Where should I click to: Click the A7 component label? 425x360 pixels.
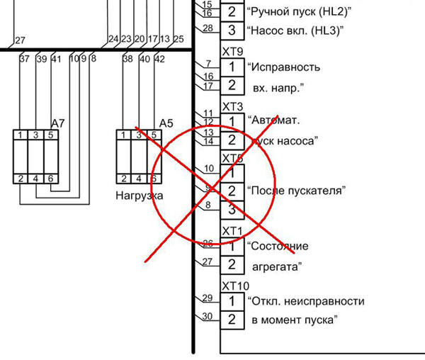(x=58, y=123)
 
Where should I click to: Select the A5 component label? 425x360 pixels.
(x=166, y=123)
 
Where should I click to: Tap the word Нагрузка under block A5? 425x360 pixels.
(x=140, y=195)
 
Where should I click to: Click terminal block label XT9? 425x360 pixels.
(x=233, y=52)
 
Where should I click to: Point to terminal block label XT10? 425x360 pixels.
(x=236, y=286)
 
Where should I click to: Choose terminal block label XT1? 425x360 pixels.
(x=233, y=232)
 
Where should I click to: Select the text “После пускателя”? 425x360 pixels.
(x=295, y=191)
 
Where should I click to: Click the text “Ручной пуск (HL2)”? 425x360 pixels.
(x=299, y=11)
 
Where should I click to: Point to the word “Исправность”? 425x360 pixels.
(x=283, y=67)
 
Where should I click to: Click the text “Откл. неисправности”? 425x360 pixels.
(x=306, y=300)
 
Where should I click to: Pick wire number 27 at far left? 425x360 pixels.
(x=20, y=40)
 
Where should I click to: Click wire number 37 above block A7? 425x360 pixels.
(x=25, y=59)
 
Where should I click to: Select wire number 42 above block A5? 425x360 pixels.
(x=159, y=59)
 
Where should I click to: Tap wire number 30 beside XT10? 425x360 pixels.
(x=208, y=316)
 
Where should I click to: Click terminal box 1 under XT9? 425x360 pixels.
(x=232, y=67)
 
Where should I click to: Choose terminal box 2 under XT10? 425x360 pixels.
(x=232, y=319)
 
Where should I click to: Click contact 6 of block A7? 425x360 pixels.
(x=50, y=178)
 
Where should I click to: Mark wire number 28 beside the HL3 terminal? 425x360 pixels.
(x=208, y=28)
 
